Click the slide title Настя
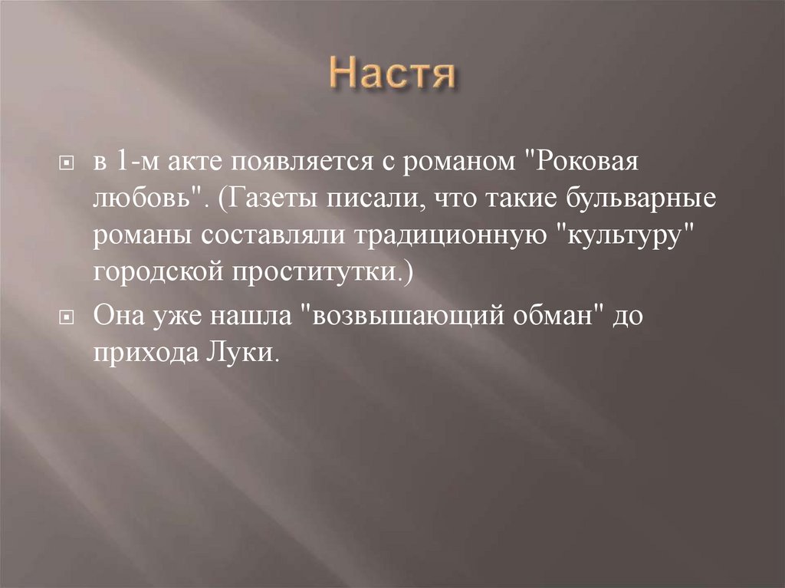pos(392,76)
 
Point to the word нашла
pos(248,316)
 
